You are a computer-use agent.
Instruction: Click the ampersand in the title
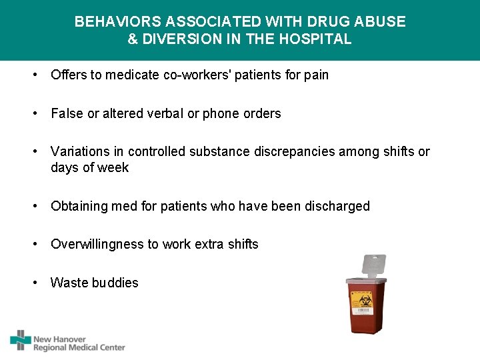point(133,39)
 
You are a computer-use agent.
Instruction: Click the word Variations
point(79,152)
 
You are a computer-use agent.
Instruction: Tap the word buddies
point(115,283)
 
